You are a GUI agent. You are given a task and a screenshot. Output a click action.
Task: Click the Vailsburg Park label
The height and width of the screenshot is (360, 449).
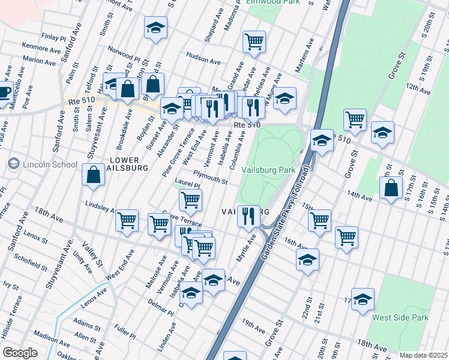pyautogui.click(x=268, y=170)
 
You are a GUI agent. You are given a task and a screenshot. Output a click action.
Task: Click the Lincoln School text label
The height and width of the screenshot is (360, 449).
pyautogui.click(x=50, y=164)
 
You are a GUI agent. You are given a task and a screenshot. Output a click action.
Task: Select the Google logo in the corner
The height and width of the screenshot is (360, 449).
pyautogui.click(x=20, y=353)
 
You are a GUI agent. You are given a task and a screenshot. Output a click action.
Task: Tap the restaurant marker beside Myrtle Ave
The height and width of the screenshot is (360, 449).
pyautogui.click(x=249, y=215)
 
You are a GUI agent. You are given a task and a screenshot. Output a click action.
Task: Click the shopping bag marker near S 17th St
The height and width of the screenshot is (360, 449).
pyautogui.click(x=391, y=188)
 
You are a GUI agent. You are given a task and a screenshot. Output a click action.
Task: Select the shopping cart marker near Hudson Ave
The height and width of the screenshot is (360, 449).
pyautogui.click(x=254, y=41)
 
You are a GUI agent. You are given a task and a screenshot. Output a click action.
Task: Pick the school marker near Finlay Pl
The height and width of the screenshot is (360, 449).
pyautogui.click(x=155, y=28)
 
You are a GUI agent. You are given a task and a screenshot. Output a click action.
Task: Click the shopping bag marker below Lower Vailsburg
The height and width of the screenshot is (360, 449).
pyautogui.click(x=95, y=176)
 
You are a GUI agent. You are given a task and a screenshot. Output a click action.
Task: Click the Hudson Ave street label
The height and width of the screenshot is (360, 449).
pyautogui.click(x=203, y=60)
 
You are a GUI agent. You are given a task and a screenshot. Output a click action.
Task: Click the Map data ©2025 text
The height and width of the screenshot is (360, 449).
pyautogui.click(x=423, y=355)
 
